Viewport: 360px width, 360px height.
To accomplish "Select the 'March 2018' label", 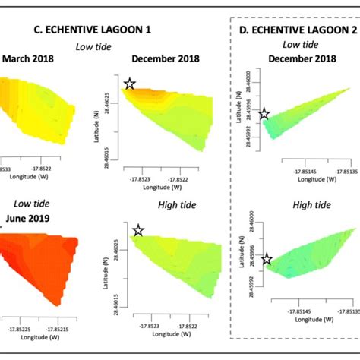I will [x=27, y=58].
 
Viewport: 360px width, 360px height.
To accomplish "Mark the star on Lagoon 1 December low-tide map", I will [x=130, y=84].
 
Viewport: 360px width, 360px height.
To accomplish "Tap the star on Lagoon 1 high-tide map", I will [x=138, y=230].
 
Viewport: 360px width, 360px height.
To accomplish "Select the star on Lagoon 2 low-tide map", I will [x=264, y=115].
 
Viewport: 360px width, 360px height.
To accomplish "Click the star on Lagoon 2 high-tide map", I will [x=267, y=260].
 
